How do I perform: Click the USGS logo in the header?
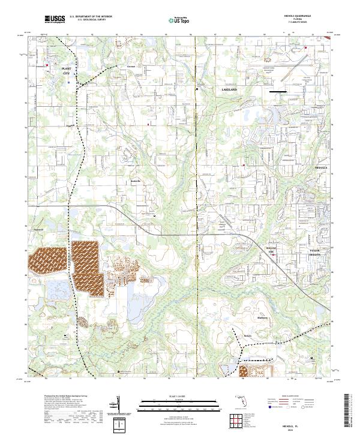click(55, 20)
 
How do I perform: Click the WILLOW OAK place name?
click(274, 248)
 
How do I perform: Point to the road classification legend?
click(297, 403)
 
